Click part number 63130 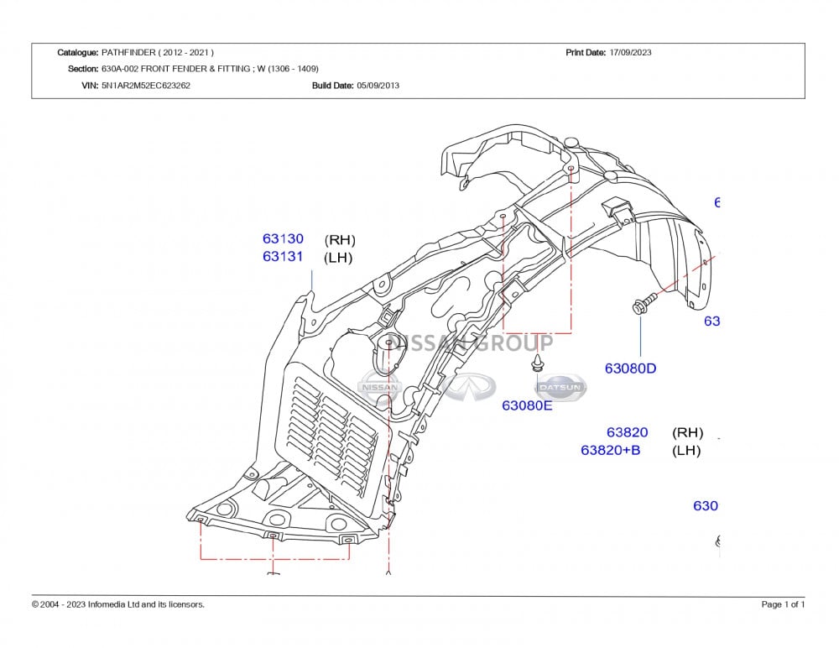[x=283, y=239]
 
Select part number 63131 [x=283, y=257]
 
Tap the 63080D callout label [x=630, y=368]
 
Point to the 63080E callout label [x=527, y=406]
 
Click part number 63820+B [x=610, y=451]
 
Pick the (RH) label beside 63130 [x=340, y=240]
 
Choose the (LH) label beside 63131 [x=338, y=258]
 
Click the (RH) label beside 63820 [x=687, y=433]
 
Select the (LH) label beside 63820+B [x=686, y=451]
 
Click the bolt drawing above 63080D [x=641, y=304]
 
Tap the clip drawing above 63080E [x=536, y=363]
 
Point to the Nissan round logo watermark [x=380, y=387]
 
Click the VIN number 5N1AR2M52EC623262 [x=146, y=85]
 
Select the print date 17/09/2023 [x=630, y=52]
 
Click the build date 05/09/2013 [x=378, y=85]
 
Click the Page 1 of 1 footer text [x=783, y=604]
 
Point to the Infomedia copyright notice [x=118, y=604]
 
